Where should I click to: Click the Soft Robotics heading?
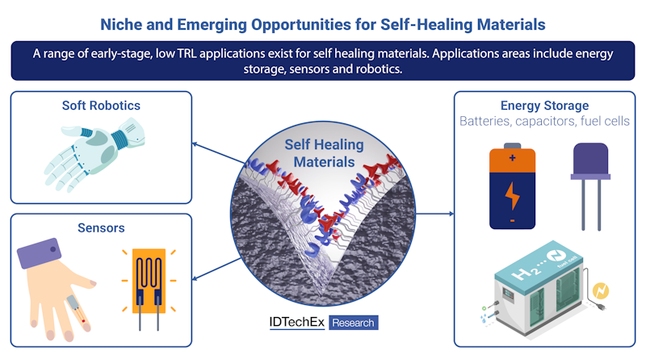coord(101,106)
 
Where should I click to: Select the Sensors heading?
coord(100,228)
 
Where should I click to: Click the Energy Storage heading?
coord(544,106)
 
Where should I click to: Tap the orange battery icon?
coord(512,186)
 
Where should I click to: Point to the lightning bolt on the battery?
coord(512,196)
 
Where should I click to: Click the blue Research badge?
coord(353,322)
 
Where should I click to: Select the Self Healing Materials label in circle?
coord(323,152)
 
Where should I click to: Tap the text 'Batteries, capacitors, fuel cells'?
coord(544,121)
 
